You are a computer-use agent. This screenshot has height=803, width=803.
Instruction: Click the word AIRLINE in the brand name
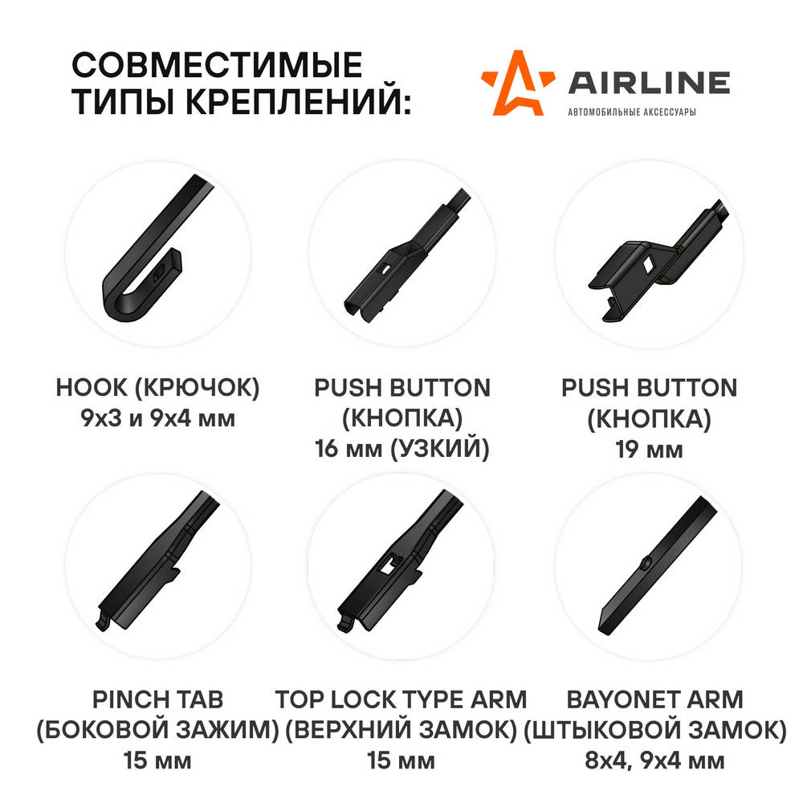(650, 84)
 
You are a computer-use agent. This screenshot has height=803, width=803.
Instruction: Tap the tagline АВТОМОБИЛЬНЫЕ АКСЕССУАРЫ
(632, 112)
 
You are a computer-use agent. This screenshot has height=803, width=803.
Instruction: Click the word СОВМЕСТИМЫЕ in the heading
(217, 65)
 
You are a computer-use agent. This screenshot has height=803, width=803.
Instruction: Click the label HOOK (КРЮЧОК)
(157, 388)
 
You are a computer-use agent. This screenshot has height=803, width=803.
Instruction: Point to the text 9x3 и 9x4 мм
(157, 418)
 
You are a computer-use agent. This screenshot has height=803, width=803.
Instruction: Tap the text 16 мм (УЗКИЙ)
(402, 449)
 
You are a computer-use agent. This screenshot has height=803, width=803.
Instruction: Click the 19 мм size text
(649, 450)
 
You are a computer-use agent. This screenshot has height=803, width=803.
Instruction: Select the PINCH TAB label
(157, 699)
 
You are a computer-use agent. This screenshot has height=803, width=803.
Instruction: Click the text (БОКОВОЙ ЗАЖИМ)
(157, 730)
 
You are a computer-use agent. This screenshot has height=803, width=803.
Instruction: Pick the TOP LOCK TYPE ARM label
(401, 699)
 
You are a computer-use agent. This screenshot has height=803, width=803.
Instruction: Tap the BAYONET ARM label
(655, 699)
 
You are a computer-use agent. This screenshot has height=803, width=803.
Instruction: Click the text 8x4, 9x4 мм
(655, 761)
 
